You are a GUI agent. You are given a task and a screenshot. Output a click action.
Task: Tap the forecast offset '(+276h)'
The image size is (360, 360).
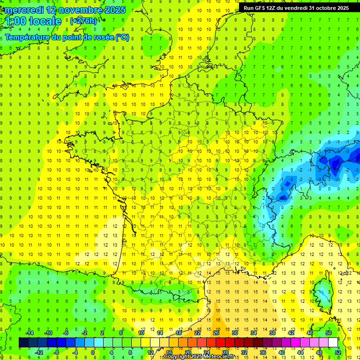tap(83, 21)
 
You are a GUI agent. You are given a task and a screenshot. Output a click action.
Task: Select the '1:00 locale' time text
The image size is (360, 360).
tap(31, 22)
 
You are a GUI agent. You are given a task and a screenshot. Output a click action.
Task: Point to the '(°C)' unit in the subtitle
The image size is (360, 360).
tap(122, 37)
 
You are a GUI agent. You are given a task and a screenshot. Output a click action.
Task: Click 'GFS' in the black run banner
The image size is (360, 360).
tap(261, 8)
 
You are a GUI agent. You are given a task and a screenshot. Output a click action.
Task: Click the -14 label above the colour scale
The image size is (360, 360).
tap(29, 333)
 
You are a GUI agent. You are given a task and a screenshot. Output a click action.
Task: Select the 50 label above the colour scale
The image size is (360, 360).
tap(329, 333)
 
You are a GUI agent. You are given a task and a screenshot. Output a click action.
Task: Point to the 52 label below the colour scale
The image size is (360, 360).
tap(338, 352)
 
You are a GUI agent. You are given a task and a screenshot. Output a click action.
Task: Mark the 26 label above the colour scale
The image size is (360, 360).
tap(216, 333)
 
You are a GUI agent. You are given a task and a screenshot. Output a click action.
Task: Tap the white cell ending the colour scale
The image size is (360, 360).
tap(333, 343)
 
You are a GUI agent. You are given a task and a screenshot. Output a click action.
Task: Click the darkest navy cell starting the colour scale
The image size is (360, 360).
tap(24, 343)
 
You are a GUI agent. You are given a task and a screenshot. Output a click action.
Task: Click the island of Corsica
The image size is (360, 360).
tap(322, 290)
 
